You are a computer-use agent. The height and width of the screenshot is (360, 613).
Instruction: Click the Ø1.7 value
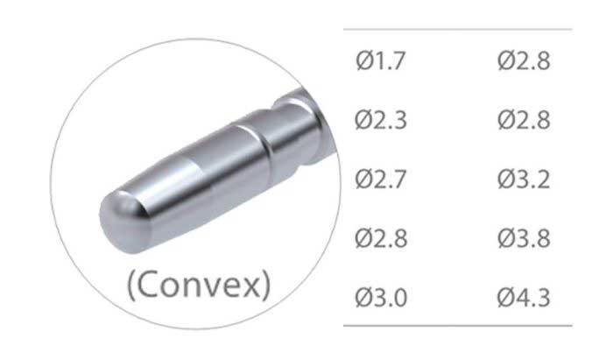381,62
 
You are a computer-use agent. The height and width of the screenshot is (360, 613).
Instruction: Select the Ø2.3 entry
381,120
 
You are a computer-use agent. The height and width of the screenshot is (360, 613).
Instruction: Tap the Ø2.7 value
381,180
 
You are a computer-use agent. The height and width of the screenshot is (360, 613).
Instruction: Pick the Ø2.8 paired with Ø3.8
381,238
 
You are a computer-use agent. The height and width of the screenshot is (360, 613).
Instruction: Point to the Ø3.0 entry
381,298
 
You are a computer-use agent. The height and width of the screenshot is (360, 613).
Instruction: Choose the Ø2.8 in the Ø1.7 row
524,62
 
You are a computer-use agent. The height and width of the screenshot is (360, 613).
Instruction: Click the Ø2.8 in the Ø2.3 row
524,120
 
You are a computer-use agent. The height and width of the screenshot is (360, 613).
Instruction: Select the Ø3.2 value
524,180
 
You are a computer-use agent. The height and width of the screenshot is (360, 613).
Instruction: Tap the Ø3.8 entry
524,238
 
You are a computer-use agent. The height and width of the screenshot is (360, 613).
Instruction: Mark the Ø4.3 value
524,298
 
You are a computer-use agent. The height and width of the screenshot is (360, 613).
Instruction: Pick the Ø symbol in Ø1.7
364,62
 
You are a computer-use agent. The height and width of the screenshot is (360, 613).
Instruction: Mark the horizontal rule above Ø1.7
455,30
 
